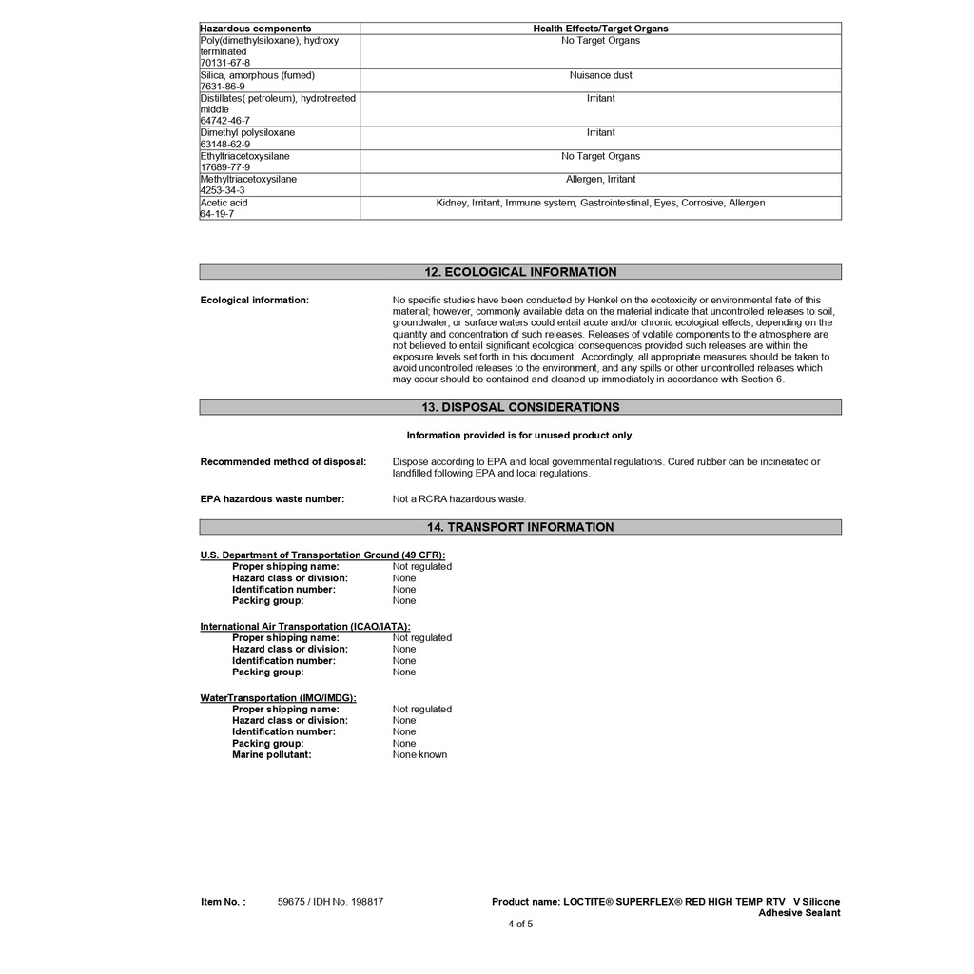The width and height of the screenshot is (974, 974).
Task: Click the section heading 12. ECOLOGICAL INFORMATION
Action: [x=520, y=272]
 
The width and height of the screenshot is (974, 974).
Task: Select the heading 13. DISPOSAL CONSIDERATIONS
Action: [x=520, y=407]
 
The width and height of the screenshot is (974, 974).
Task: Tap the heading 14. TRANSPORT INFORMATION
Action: [x=520, y=527]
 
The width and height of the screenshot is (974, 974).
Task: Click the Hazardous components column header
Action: [x=256, y=29]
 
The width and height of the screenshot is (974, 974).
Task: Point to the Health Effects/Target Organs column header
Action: [x=600, y=29]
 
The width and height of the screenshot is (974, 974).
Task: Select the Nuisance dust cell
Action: [x=600, y=75]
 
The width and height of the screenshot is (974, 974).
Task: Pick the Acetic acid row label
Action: [x=224, y=203]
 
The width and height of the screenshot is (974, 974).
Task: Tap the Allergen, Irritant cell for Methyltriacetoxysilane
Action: [x=600, y=179]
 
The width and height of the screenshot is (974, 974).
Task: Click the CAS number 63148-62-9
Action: [x=225, y=145]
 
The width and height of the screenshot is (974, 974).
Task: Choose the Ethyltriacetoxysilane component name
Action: [x=245, y=156]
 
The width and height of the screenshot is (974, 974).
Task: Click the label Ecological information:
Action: [x=254, y=301]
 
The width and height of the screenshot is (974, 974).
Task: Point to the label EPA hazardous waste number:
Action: [x=272, y=499]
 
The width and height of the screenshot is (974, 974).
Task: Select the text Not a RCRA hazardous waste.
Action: [x=459, y=499]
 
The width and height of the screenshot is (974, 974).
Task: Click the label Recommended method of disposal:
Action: [x=282, y=462]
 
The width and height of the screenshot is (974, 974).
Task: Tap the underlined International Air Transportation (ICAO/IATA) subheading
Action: [x=305, y=627]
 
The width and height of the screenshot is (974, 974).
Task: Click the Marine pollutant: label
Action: [x=271, y=755]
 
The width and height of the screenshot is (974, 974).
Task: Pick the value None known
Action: [x=419, y=755]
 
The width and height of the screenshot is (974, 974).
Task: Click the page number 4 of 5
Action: [x=520, y=924]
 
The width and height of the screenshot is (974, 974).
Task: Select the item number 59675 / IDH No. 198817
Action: [x=330, y=902]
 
